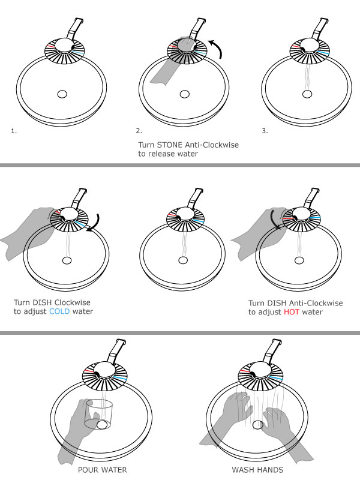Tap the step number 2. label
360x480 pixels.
(x=139, y=130)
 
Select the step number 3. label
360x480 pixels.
(x=265, y=130)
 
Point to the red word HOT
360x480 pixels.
(x=293, y=312)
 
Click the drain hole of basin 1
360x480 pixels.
(x=62, y=94)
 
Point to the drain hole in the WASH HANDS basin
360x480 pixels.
(x=259, y=425)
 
